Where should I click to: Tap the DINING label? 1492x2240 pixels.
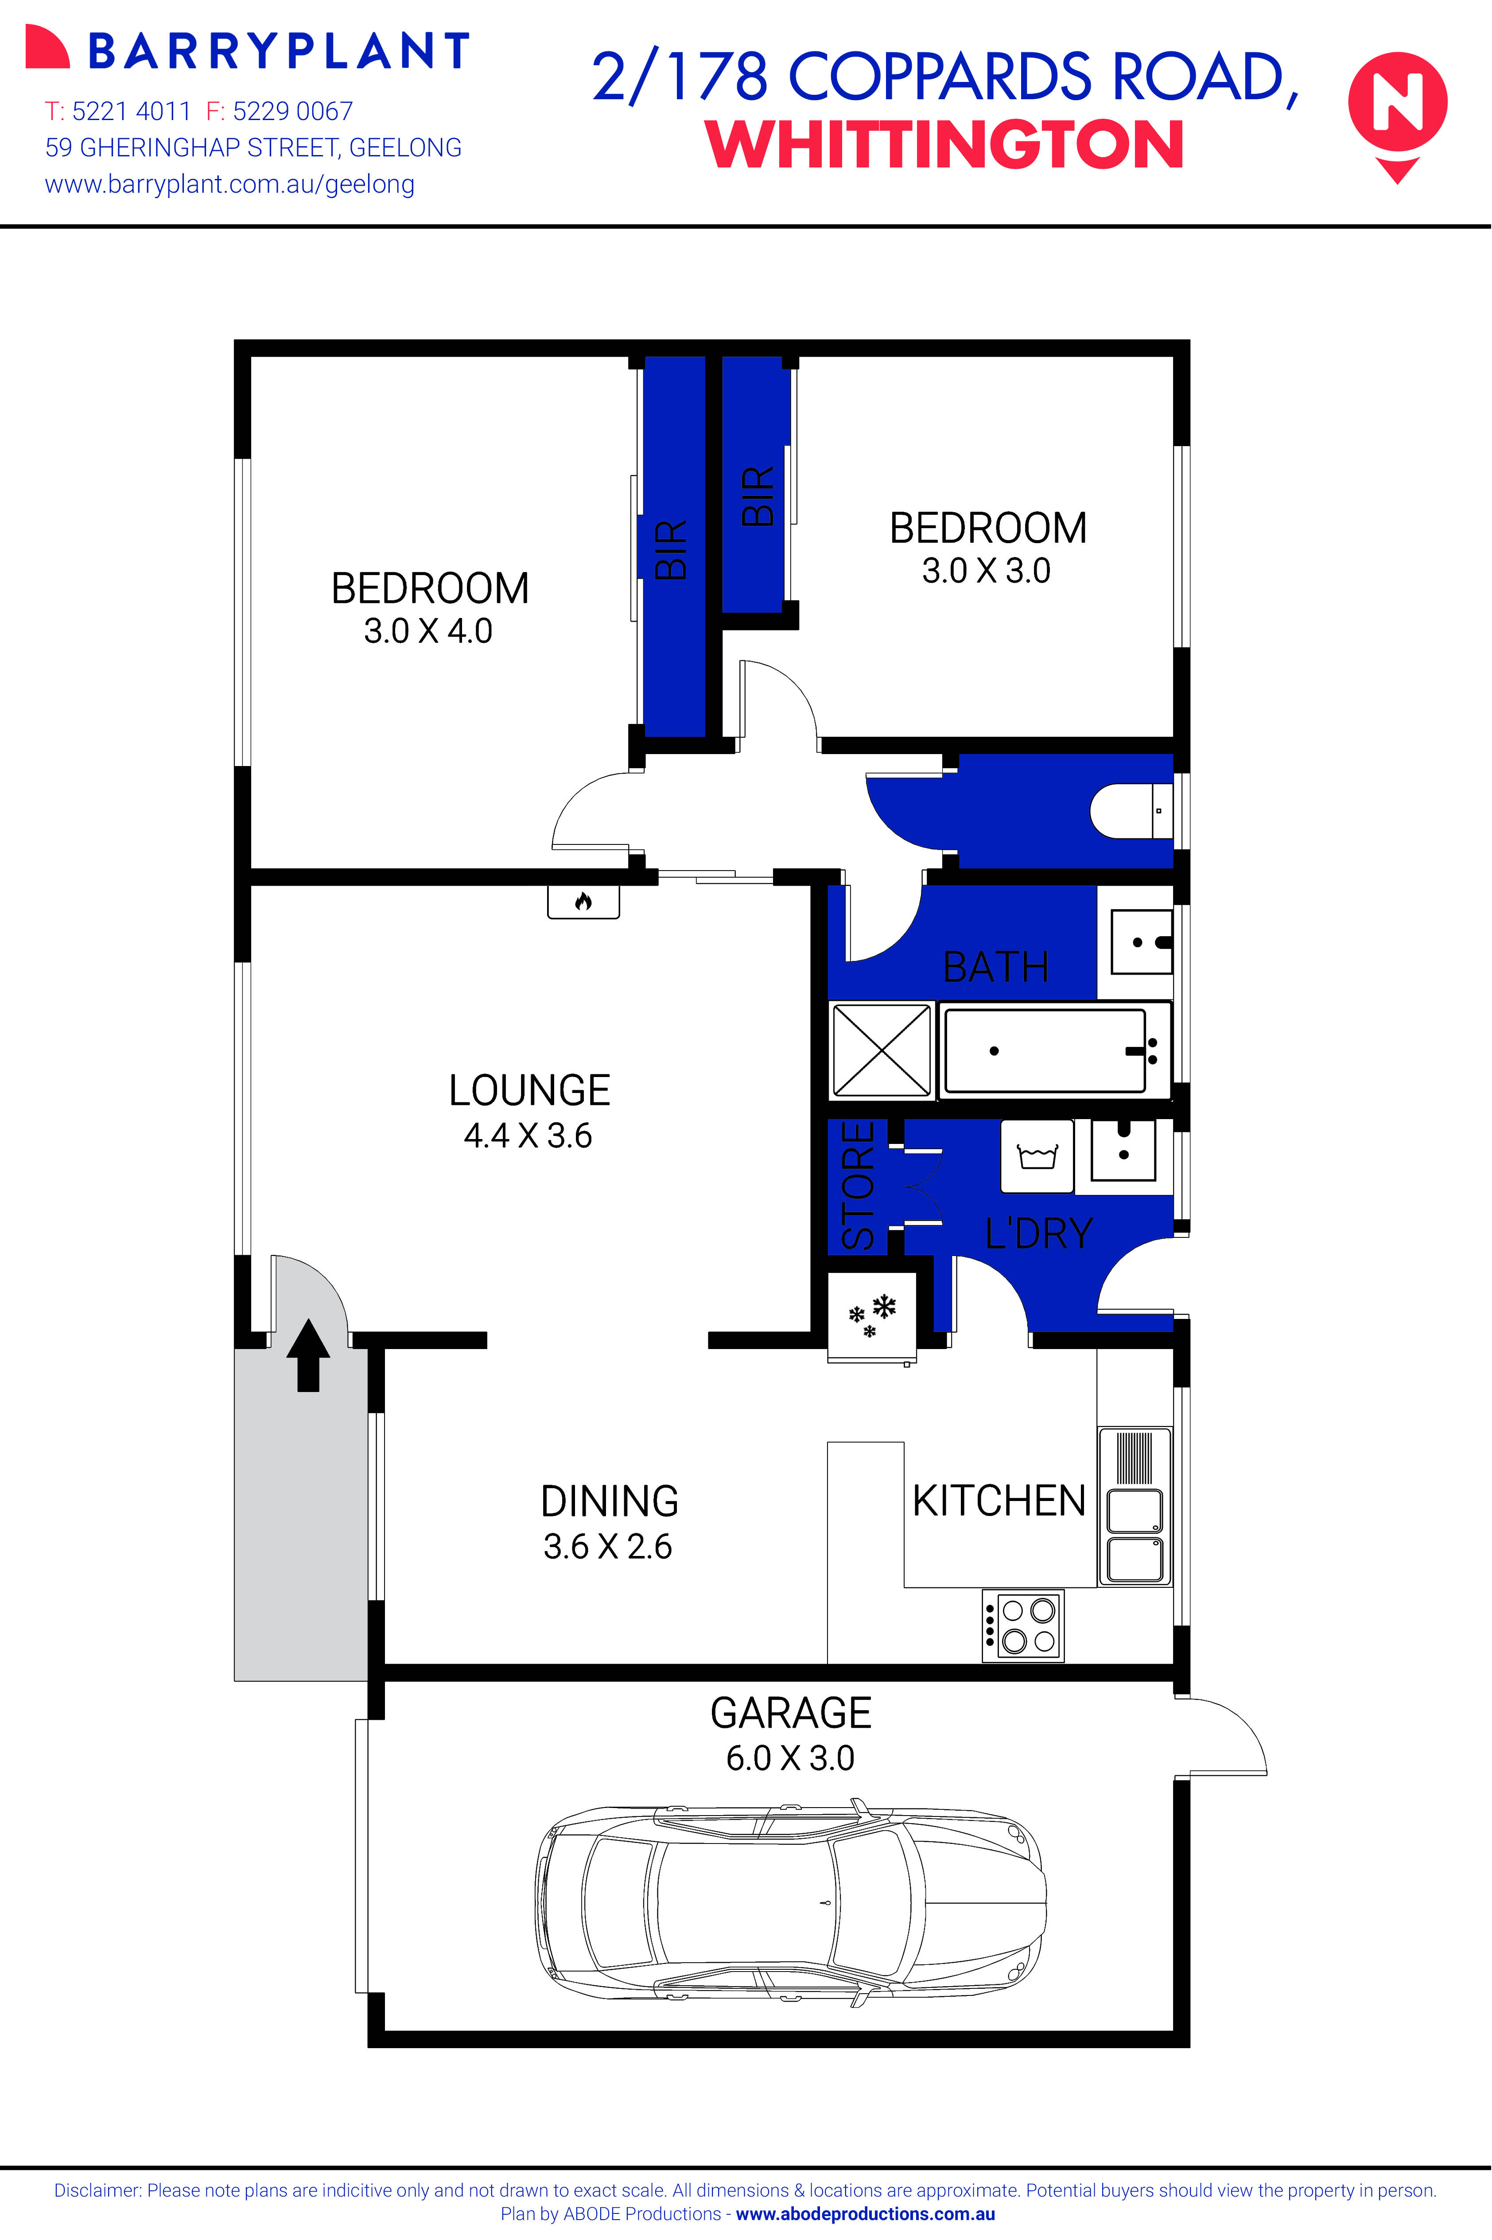tap(609, 1501)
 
